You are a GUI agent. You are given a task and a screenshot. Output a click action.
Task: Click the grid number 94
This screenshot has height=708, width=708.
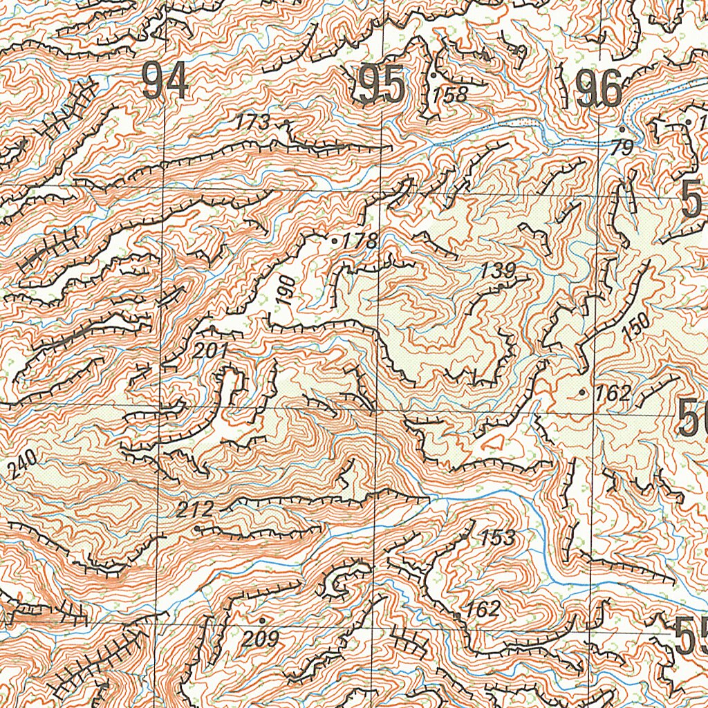point(165,82)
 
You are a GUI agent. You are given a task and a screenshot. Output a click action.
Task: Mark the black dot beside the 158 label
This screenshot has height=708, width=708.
point(433,74)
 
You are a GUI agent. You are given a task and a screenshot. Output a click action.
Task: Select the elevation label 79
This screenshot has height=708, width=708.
point(622,147)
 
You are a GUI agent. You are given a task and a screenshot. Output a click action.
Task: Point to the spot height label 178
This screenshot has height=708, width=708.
point(360,241)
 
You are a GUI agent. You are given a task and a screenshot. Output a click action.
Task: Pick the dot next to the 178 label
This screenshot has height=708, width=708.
point(335,241)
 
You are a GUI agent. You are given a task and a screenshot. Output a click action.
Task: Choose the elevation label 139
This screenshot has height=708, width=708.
point(499,270)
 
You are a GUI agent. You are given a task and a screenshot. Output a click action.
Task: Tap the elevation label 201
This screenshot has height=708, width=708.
point(210,351)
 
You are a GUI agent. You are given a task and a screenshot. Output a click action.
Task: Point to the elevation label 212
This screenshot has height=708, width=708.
point(195,511)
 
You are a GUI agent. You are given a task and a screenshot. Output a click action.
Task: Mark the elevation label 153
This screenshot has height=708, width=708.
point(498,537)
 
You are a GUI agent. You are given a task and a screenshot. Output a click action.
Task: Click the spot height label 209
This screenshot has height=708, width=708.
point(261,640)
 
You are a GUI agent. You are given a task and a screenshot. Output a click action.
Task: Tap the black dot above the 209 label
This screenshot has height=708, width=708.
point(262,619)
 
